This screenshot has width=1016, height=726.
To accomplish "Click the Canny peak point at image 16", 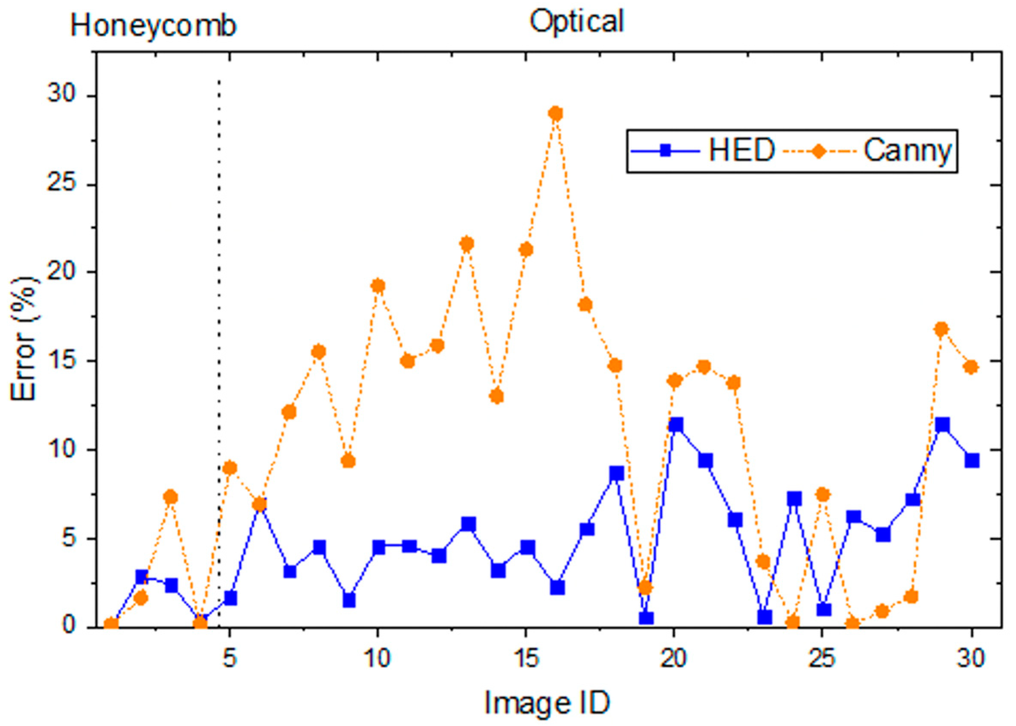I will coord(555,113).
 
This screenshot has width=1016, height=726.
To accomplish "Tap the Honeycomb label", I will coord(153,26).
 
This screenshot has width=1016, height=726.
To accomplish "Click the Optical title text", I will coord(576,21).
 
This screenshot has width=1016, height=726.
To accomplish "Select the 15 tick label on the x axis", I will coord(526,659).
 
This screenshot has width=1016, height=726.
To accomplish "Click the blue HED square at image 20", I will coord(676,425).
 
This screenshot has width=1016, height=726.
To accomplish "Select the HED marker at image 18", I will coord(617,474).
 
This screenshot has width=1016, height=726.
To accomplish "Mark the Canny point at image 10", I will coord(378,286).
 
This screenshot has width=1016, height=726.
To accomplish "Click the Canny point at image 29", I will coord(942,329).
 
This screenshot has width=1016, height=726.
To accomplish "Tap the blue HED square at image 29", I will coord(942,424).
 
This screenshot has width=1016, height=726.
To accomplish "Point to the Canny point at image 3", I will coord(171,497).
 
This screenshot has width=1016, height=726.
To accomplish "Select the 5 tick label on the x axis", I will coord(230,659).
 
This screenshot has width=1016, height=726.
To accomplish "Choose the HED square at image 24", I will coord(794,498).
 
